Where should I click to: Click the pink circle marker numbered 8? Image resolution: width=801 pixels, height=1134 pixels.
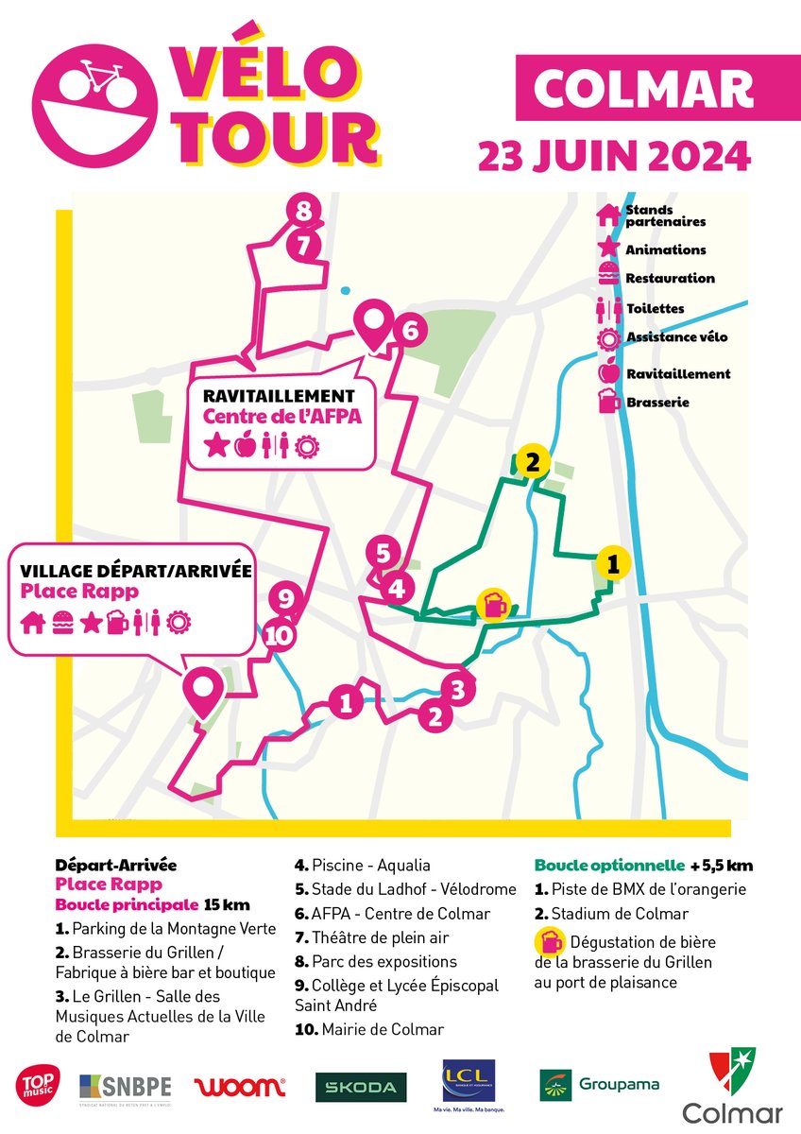pos(302,212)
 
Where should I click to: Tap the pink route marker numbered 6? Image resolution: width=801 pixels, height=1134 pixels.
pos(409,332)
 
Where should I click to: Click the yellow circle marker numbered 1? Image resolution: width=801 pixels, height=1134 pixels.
pos(612,564)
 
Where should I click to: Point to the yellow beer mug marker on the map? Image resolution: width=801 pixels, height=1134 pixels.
pos(492,604)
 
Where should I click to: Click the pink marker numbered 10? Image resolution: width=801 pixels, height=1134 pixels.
pos(279,636)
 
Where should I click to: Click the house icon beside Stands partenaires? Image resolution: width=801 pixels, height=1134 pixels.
pos(608,215)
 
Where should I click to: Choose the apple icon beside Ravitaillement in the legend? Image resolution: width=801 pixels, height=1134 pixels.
pos(608,372)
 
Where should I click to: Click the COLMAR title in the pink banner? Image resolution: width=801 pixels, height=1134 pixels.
pos(642,90)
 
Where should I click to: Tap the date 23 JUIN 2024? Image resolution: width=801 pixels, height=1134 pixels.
pos(614,154)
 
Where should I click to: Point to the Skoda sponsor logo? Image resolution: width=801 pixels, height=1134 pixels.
pos(361,1087)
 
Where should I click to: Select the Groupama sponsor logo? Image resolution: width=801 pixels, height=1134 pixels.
pos(599,1085)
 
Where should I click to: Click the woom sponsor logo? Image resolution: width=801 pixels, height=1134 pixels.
pos(239,1086)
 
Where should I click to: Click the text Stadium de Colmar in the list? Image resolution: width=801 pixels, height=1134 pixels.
pos(618,914)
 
